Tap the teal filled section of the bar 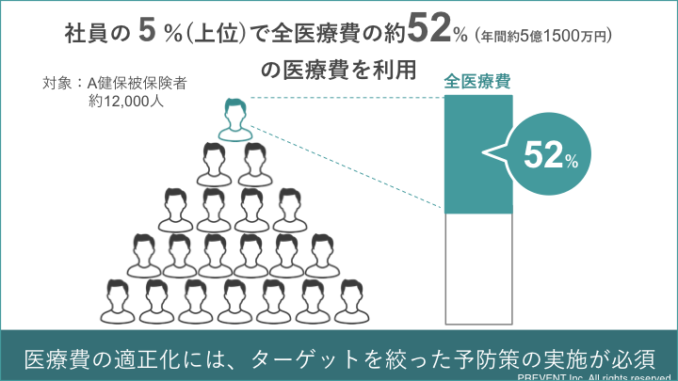click(x=479, y=155)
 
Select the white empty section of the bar click(x=479, y=268)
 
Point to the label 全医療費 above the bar click(x=478, y=82)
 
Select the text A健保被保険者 click(x=137, y=83)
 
